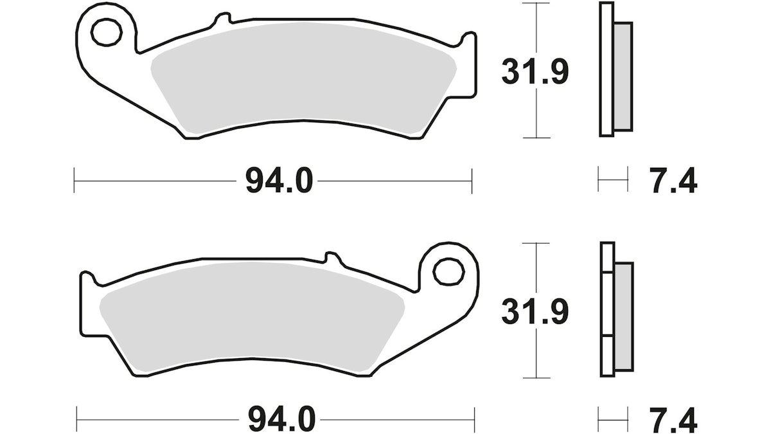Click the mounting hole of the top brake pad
[x=107, y=33]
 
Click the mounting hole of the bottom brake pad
[x=449, y=272]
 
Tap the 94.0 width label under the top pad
[x=279, y=181]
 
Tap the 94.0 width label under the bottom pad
[x=281, y=419]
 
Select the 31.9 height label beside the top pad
[x=535, y=71]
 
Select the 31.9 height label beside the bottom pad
[x=535, y=311]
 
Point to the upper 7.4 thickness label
[x=673, y=181]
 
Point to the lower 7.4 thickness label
[x=673, y=420]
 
